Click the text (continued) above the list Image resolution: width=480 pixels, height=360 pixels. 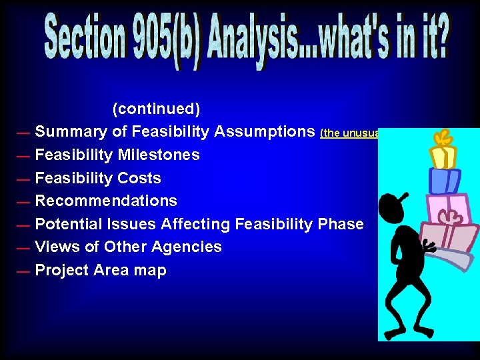[x=156, y=108]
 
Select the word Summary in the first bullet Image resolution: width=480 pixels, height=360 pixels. [x=71, y=131]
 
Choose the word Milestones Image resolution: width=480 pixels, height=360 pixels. [x=159, y=155]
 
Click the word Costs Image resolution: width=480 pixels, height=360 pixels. [x=139, y=178]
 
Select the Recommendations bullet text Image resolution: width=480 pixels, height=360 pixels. [x=106, y=201]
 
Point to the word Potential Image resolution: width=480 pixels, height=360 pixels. [x=67, y=224]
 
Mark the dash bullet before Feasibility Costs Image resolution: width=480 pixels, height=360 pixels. [x=23, y=179]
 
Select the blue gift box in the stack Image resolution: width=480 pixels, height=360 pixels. [x=444, y=180]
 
